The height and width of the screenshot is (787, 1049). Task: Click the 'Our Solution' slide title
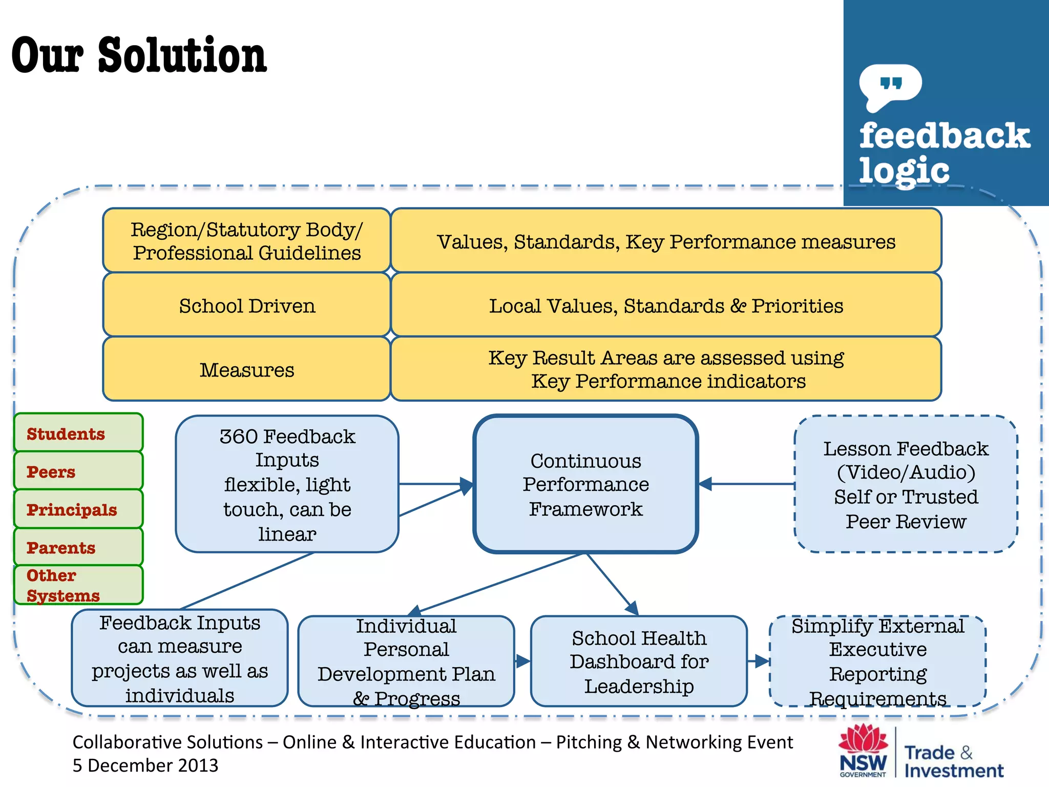139,55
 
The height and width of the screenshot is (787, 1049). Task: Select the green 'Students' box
78,433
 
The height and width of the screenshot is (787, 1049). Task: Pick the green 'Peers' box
78,471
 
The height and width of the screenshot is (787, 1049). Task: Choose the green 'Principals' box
78,509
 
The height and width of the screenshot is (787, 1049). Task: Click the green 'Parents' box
78,547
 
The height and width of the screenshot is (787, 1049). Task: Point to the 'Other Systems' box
78,585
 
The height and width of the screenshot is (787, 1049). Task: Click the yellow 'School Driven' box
246,305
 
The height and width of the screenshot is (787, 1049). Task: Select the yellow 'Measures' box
246,369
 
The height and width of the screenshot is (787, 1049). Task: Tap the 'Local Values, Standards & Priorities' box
666,305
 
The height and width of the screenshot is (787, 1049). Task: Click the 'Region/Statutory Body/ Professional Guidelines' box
246,240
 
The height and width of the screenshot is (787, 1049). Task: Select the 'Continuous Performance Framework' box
585,484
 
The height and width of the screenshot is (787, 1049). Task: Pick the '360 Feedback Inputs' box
287,484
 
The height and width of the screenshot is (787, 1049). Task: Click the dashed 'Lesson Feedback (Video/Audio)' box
906,484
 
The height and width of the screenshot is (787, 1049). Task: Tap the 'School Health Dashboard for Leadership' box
639,661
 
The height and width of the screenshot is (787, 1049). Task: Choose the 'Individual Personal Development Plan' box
406,661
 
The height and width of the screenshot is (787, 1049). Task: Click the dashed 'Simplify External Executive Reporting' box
877,661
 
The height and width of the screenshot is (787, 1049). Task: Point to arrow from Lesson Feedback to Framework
748,484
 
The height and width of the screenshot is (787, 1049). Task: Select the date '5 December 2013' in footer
145,765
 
